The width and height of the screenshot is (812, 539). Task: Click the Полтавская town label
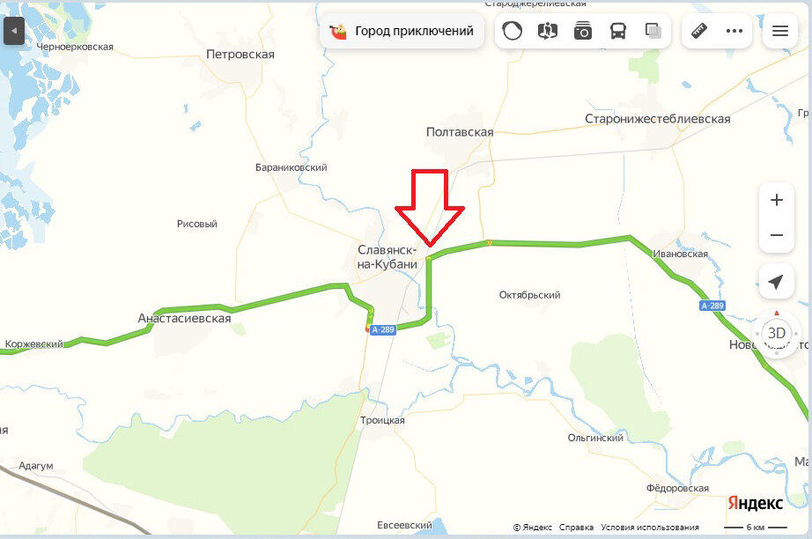[459, 132]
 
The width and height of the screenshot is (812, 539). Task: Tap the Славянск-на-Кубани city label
[388, 257]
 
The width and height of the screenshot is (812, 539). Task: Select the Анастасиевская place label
[184, 318]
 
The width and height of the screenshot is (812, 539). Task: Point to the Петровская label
[240, 55]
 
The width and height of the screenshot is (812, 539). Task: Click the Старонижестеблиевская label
[658, 119]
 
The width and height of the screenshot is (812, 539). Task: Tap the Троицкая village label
[382, 420]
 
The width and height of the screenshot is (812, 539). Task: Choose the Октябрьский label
[529, 295]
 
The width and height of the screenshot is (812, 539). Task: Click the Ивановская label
[680, 254]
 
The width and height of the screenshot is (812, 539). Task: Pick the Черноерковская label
[75, 47]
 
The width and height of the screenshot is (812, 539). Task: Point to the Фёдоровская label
[677, 488]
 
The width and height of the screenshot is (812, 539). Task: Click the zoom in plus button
[776, 200]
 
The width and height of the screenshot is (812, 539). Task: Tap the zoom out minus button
[776, 235]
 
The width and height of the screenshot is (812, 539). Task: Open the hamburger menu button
[779, 31]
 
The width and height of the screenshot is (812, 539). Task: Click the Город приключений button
[402, 31]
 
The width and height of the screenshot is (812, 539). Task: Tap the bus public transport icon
[618, 31]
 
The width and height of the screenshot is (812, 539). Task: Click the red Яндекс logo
[755, 503]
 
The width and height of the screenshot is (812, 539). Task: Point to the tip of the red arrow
[430, 246]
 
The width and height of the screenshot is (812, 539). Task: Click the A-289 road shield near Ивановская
[712, 306]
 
